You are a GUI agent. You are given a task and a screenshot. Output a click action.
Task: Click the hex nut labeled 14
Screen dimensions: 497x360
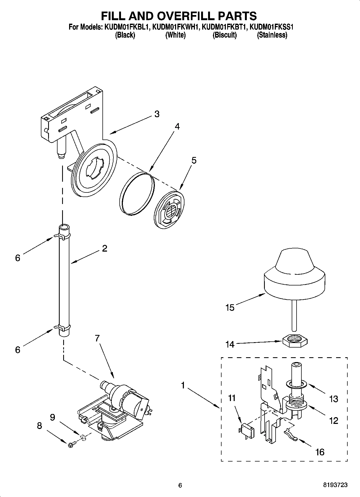point(295,341)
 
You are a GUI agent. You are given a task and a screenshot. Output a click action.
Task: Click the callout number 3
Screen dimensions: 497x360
point(157,114)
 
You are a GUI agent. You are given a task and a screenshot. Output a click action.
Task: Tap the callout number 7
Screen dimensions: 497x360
point(97,338)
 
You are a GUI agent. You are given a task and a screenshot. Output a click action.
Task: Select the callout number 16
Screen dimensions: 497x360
point(320,452)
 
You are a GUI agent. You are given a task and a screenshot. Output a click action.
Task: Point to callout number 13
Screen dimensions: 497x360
point(333,399)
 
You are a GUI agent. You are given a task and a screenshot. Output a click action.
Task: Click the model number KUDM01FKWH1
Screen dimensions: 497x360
point(175,27)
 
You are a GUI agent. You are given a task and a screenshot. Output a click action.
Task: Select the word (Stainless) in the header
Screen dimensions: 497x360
point(272,35)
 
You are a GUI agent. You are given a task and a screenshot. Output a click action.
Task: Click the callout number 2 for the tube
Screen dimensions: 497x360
point(104,248)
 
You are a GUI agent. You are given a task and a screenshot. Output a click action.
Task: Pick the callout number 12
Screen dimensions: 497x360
point(333,420)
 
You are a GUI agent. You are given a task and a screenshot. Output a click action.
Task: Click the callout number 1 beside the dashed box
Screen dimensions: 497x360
point(183,386)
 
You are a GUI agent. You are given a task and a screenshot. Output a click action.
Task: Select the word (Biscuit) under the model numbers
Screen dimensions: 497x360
point(224,35)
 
